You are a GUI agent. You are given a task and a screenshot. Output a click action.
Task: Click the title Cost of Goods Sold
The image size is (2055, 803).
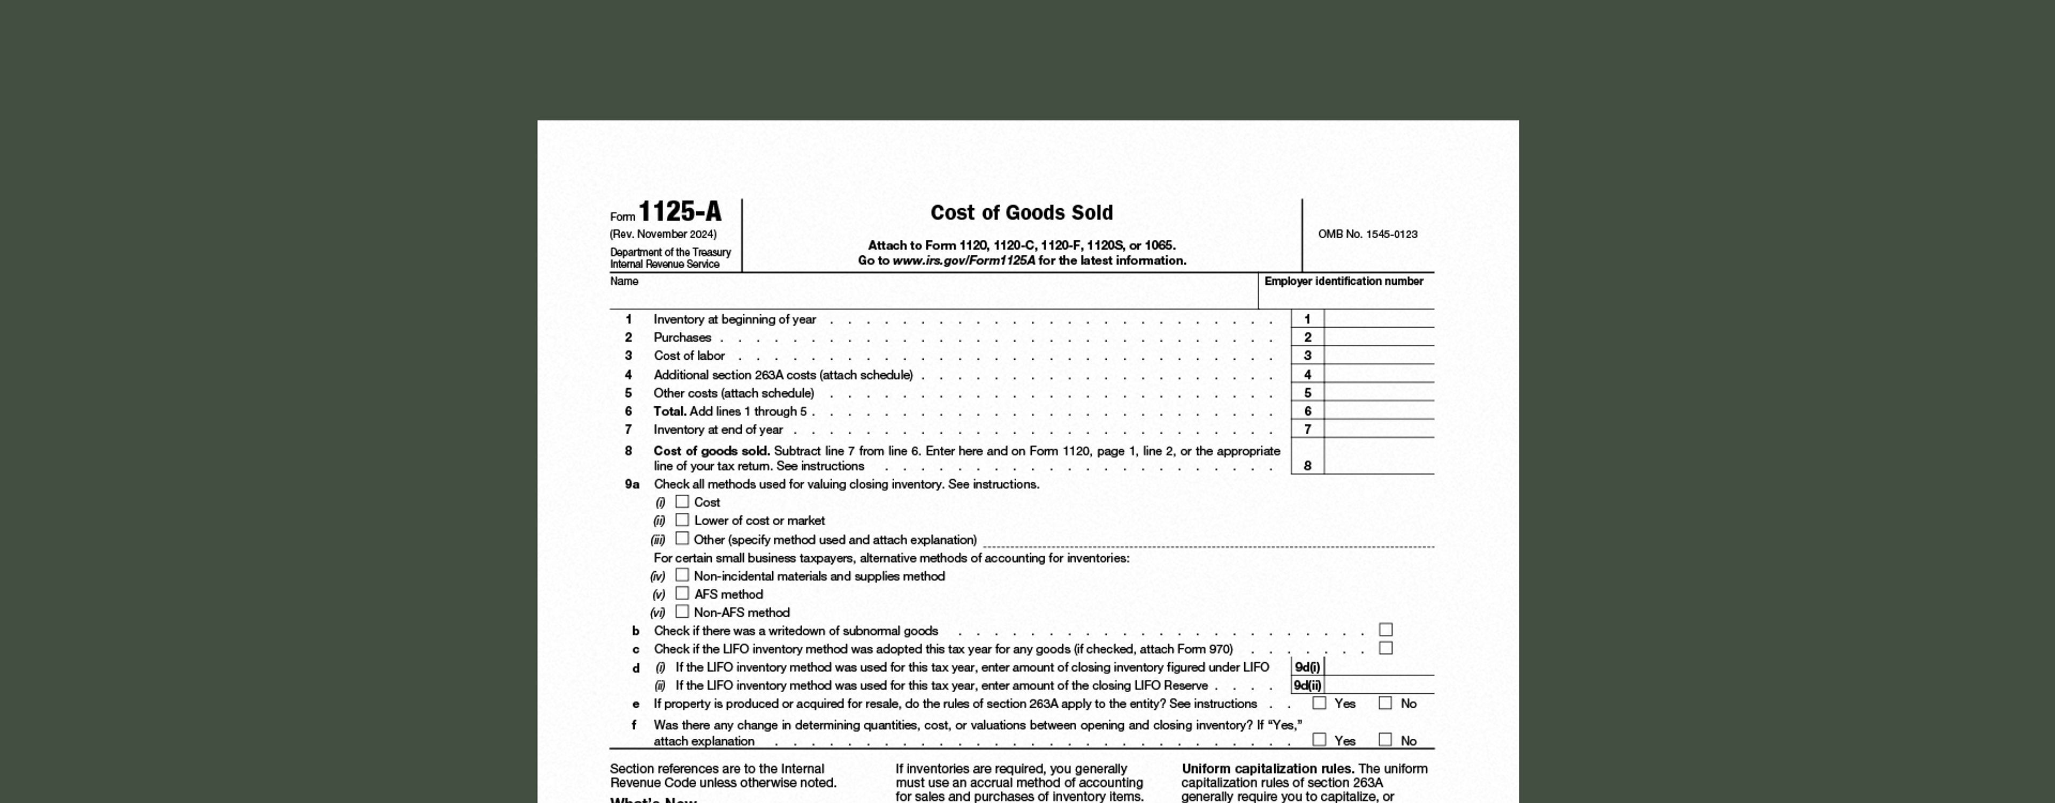(1021, 213)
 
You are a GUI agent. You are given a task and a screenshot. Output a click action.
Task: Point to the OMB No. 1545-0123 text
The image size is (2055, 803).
(1367, 234)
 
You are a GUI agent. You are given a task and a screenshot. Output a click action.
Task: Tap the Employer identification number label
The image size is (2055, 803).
(1343, 281)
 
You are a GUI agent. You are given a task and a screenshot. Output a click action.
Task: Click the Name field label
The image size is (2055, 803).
(624, 281)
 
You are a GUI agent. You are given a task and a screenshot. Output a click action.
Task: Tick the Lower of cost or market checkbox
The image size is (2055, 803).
(682, 520)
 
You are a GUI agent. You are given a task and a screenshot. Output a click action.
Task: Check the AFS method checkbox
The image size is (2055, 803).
(682, 594)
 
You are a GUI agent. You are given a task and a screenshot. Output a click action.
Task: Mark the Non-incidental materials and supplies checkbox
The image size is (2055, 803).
(682, 575)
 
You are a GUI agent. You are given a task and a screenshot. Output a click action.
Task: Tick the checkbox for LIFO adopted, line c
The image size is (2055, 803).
(1386, 649)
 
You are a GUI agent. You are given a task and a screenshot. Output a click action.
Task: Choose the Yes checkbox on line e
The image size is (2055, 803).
(1320, 703)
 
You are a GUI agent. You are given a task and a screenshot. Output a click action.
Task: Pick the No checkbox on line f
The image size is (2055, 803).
(1386, 740)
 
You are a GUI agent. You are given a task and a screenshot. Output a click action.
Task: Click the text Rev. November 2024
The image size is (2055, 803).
(663, 234)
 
